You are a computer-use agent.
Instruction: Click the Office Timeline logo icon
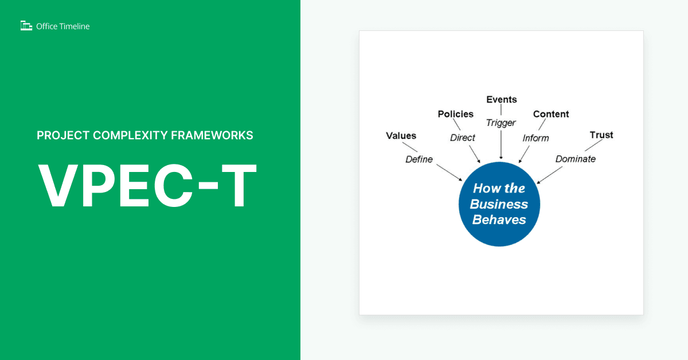(x=26, y=26)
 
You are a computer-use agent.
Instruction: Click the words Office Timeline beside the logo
(x=62, y=26)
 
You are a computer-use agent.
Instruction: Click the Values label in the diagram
(x=401, y=136)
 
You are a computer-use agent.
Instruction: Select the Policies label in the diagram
(x=455, y=114)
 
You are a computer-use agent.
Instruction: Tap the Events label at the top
(x=501, y=100)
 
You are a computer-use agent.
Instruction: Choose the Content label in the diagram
(x=550, y=114)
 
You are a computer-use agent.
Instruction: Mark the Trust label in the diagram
(x=601, y=135)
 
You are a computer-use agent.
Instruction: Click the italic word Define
(x=419, y=159)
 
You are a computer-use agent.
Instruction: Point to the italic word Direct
(x=462, y=138)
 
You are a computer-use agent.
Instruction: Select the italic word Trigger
(x=501, y=123)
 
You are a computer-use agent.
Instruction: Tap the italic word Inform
(x=535, y=138)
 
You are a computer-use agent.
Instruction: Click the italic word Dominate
(x=575, y=159)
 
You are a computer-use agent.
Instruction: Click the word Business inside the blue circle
(x=499, y=204)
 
